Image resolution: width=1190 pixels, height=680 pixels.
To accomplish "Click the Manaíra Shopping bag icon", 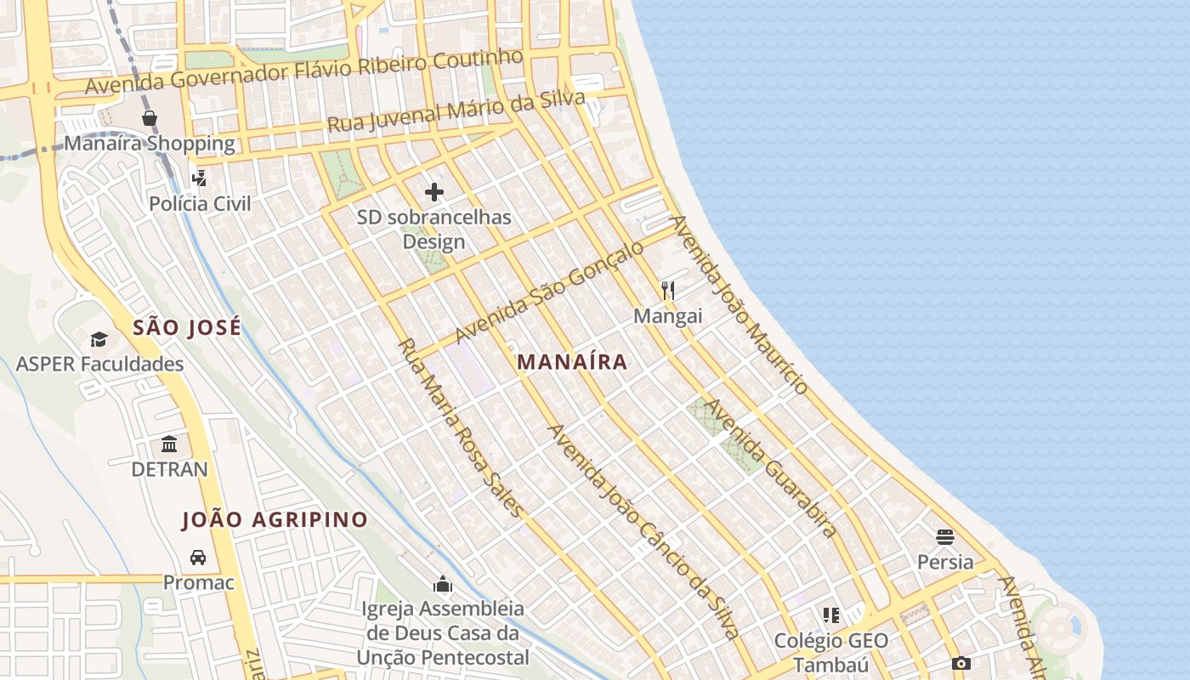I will tap(150, 118).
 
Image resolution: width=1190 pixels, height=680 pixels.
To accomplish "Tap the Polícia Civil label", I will tap(201, 204).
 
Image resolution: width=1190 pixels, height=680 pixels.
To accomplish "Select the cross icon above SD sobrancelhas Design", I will tap(434, 192).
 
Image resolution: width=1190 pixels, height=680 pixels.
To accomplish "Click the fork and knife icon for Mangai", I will tap(668, 291).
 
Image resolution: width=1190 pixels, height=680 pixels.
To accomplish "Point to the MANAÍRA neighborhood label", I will tap(572, 362).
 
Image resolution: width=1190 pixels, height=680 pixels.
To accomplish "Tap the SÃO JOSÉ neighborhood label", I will tap(187, 327).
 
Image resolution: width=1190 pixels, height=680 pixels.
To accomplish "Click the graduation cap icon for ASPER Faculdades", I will tap(99, 340).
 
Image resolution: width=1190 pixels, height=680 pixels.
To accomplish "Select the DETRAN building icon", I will tap(169, 445).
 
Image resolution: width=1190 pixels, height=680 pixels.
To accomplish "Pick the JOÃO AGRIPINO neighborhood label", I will tap(275, 519).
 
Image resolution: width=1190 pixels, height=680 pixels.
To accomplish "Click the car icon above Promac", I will tap(198, 558).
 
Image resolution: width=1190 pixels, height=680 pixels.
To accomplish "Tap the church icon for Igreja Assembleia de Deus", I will tap(442, 584).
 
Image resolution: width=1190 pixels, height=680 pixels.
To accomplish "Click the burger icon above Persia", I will tap(945, 537).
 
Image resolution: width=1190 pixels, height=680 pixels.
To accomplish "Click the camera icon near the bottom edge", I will tap(961, 663).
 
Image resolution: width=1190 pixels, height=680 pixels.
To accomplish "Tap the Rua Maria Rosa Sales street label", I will tap(461, 428).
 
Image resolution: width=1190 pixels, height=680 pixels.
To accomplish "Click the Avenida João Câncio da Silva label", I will tap(644, 531).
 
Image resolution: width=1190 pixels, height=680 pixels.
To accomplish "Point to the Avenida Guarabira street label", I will tap(771, 467).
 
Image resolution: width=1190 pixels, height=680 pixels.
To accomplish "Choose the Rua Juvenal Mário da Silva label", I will tap(456, 111).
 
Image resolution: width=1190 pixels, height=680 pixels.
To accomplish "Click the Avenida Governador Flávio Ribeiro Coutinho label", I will tap(303, 72).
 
